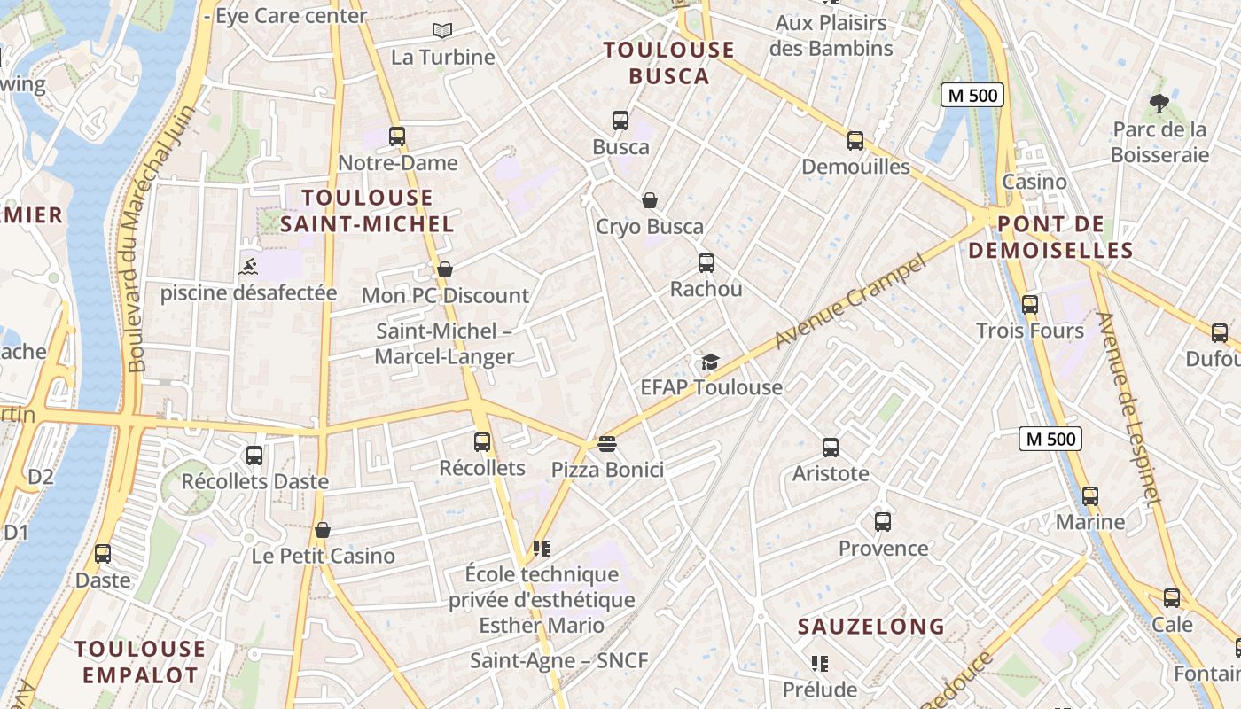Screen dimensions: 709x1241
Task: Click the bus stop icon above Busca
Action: [620, 121]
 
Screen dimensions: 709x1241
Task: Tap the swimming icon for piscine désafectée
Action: [248, 265]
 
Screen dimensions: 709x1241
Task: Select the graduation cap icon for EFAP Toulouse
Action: [710, 361]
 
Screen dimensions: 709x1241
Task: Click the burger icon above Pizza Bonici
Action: [607, 442]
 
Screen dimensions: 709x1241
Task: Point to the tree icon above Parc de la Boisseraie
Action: [1159, 103]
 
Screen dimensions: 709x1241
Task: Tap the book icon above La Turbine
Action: [442, 31]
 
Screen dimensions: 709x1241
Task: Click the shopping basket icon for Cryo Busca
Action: [650, 200]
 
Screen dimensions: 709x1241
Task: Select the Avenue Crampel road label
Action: [849, 300]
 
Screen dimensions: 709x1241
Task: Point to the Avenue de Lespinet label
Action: [1128, 408]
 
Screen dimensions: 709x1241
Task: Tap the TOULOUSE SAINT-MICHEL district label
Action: [367, 210]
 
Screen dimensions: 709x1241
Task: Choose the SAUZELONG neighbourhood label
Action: [871, 627]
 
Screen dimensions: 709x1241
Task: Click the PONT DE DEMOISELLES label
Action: [1050, 237]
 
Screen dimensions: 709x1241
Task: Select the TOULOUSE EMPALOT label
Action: [140, 661]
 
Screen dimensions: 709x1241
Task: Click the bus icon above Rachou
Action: [706, 263]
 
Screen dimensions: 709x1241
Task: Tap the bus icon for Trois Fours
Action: [1030, 305]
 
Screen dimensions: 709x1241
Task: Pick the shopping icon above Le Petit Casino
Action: [323, 530]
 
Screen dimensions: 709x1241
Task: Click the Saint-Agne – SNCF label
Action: [558, 660]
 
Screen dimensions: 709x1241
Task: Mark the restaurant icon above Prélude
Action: [820, 663]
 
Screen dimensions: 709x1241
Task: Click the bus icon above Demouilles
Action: [855, 141]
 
